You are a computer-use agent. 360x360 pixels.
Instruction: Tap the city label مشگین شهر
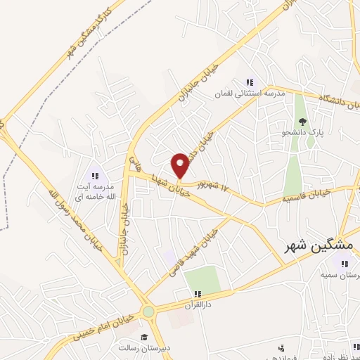[321, 246]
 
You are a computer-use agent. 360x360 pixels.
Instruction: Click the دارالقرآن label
[198, 305]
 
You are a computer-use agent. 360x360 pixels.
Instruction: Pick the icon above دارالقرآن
[198, 295]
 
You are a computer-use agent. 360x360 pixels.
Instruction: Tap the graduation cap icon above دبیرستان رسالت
[143, 337]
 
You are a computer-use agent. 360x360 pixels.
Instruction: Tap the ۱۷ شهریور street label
[215, 186]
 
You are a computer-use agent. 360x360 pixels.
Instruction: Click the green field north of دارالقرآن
[203, 280]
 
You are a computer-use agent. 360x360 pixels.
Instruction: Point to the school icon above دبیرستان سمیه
[343, 264]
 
